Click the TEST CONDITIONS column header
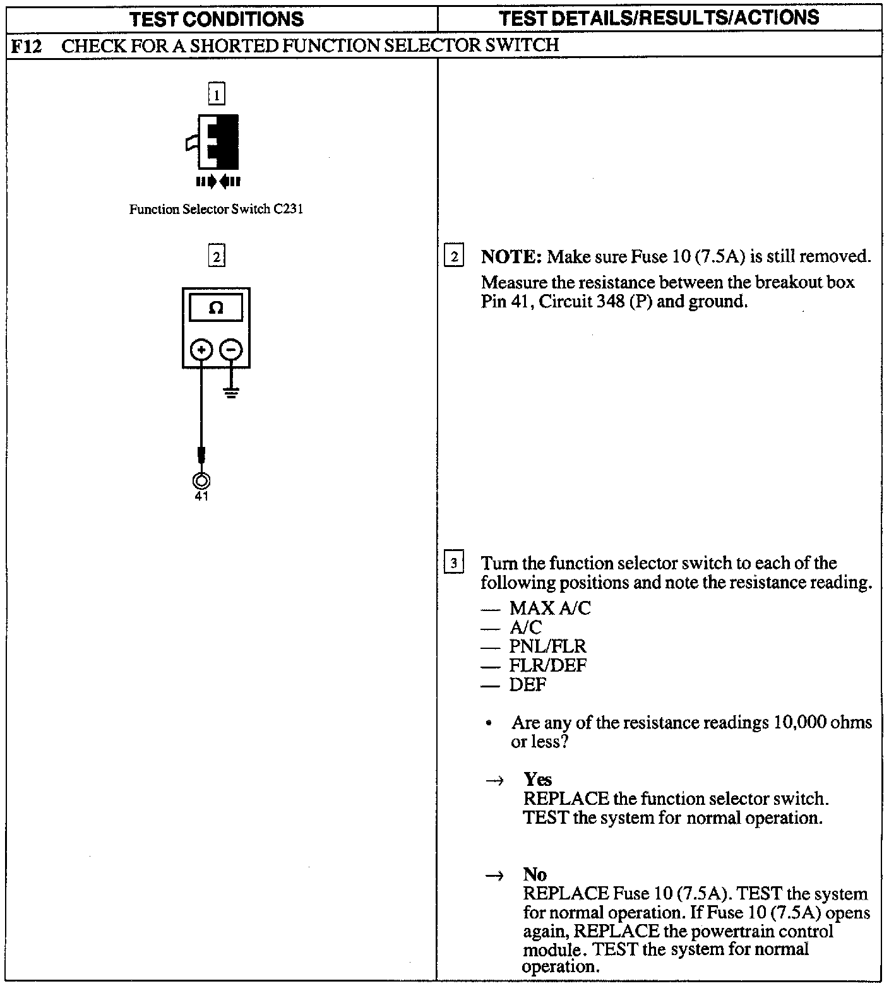(x=217, y=19)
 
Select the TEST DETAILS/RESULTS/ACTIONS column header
(x=659, y=18)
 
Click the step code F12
(x=27, y=45)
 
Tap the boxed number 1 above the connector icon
(x=217, y=95)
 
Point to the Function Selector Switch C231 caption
(x=216, y=210)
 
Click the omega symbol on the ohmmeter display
(x=216, y=308)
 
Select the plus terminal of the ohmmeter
(x=201, y=350)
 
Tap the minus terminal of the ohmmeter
(x=232, y=350)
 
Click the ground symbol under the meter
(x=232, y=393)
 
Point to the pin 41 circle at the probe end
(x=201, y=481)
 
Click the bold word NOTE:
(x=511, y=257)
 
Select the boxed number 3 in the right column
(x=454, y=562)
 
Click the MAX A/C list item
(x=550, y=609)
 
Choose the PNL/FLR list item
(x=547, y=646)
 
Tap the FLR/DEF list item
(x=547, y=665)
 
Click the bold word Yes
(x=537, y=780)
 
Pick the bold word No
(x=535, y=874)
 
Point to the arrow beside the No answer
(x=496, y=876)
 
